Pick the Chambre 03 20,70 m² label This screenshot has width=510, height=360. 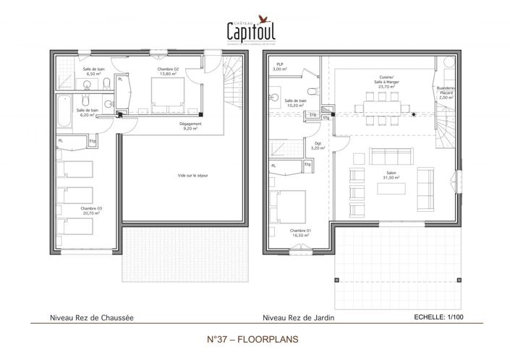click(x=90, y=210)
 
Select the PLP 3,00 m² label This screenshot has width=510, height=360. click(x=279, y=67)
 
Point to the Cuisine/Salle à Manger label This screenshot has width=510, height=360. click(x=380, y=82)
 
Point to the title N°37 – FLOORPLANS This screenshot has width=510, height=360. click(x=253, y=338)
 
